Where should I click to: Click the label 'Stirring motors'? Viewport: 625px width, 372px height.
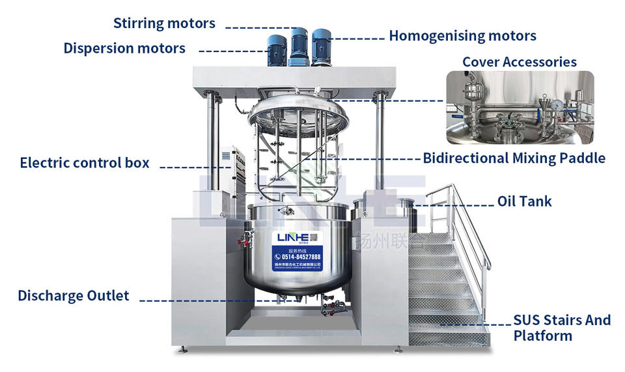tap(164, 23)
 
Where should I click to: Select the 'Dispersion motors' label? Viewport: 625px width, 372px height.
tap(124, 48)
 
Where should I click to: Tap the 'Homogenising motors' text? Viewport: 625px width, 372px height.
tap(462, 36)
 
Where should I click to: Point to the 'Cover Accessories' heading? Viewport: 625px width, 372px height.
tap(519, 62)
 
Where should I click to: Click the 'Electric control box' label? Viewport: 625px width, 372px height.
tap(85, 162)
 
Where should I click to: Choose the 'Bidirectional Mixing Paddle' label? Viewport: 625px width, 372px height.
tap(514, 158)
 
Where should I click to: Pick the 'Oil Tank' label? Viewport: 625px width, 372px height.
tap(524, 201)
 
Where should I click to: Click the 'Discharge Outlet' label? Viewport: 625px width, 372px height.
tap(74, 296)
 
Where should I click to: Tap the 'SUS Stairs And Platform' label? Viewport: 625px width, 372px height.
tap(562, 328)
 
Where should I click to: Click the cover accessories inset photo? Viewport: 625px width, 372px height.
tap(520, 107)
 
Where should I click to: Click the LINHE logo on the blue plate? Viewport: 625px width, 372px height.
tap(290, 237)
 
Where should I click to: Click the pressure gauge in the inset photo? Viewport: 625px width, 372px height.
tap(557, 104)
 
